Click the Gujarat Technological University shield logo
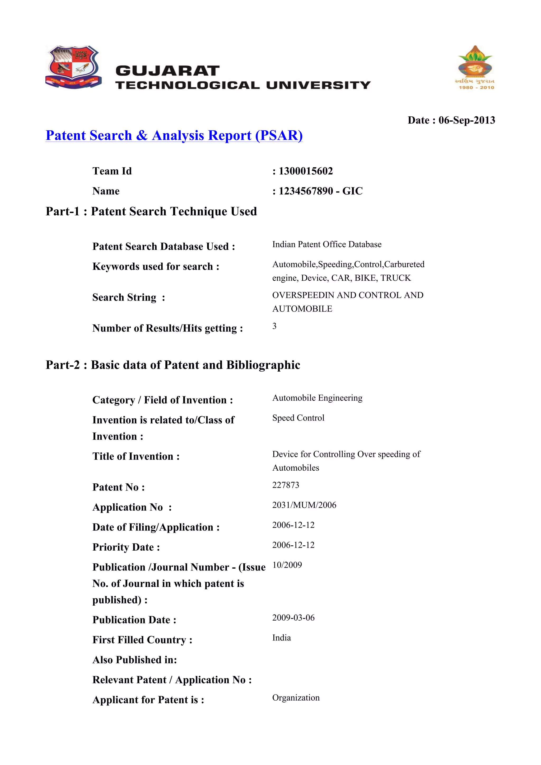(x=73, y=67)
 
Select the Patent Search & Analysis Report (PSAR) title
(x=174, y=135)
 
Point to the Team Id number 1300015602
(x=305, y=171)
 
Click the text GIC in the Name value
(x=352, y=191)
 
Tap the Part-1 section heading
(x=151, y=211)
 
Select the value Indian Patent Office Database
(x=327, y=244)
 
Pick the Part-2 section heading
(x=173, y=365)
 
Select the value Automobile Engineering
(x=317, y=398)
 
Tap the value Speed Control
(x=298, y=418)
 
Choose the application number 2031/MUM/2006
(x=304, y=505)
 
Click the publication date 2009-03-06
(x=293, y=617)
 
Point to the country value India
(x=281, y=637)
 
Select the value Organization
(x=296, y=697)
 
